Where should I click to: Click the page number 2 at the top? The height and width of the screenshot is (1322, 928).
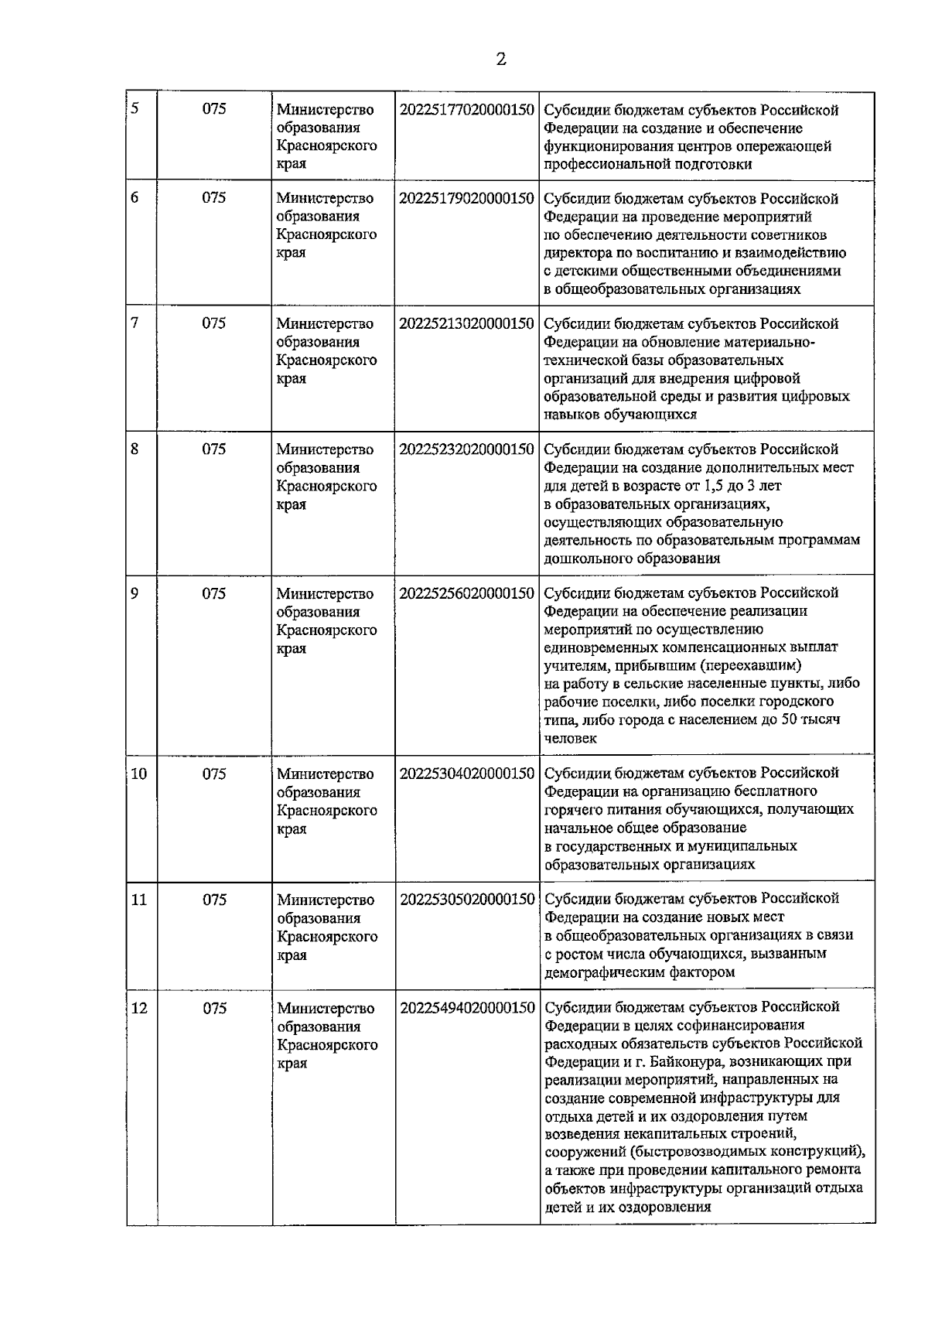pos(501,60)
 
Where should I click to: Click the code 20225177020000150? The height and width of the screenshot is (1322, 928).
pos(466,110)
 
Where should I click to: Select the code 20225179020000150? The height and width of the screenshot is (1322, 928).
pos(466,199)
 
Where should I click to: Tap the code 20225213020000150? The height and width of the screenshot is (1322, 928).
pos(466,324)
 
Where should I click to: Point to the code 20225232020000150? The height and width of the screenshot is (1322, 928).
pos(466,449)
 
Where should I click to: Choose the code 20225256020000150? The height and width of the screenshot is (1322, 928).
pos(466,593)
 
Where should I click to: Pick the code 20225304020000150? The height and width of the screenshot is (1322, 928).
pos(466,774)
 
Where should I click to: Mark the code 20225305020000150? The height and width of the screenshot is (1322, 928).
pos(466,900)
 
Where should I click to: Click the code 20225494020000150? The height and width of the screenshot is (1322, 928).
pos(466,1008)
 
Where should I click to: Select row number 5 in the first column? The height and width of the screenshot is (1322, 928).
pos(135,108)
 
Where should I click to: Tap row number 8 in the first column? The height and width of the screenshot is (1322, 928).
pos(135,449)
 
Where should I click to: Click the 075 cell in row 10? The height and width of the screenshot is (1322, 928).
pos(214,774)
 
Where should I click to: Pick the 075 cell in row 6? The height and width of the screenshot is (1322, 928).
pos(214,198)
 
